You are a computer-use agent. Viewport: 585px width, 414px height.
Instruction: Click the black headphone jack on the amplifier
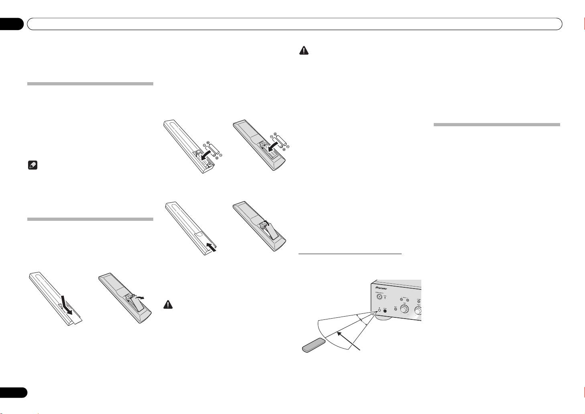coord(386,310)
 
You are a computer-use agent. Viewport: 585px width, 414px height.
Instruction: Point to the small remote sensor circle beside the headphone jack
coord(379,309)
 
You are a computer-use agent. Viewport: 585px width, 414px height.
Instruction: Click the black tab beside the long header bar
coord(12,24)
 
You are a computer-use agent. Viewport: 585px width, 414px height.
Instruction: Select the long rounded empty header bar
coord(295,24)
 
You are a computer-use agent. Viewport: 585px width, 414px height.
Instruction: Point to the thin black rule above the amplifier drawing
coord(350,254)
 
